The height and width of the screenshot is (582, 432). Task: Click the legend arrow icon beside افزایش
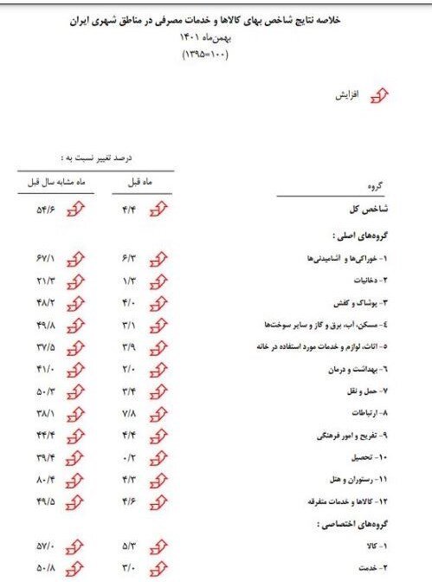(x=378, y=98)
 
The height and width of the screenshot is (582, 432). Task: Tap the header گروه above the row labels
(x=376, y=185)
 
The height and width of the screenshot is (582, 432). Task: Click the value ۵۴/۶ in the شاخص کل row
(x=45, y=210)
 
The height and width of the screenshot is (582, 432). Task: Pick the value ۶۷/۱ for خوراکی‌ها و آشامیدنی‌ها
(x=45, y=258)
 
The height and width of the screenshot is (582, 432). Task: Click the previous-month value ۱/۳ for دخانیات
(x=131, y=280)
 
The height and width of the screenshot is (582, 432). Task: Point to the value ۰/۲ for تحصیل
(x=131, y=456)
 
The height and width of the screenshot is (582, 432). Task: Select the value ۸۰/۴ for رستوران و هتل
(x=45, y=478)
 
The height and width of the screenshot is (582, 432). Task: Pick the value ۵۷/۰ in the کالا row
(x=45, y=547)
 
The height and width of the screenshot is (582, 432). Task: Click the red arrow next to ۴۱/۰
(x=76, y=368)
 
